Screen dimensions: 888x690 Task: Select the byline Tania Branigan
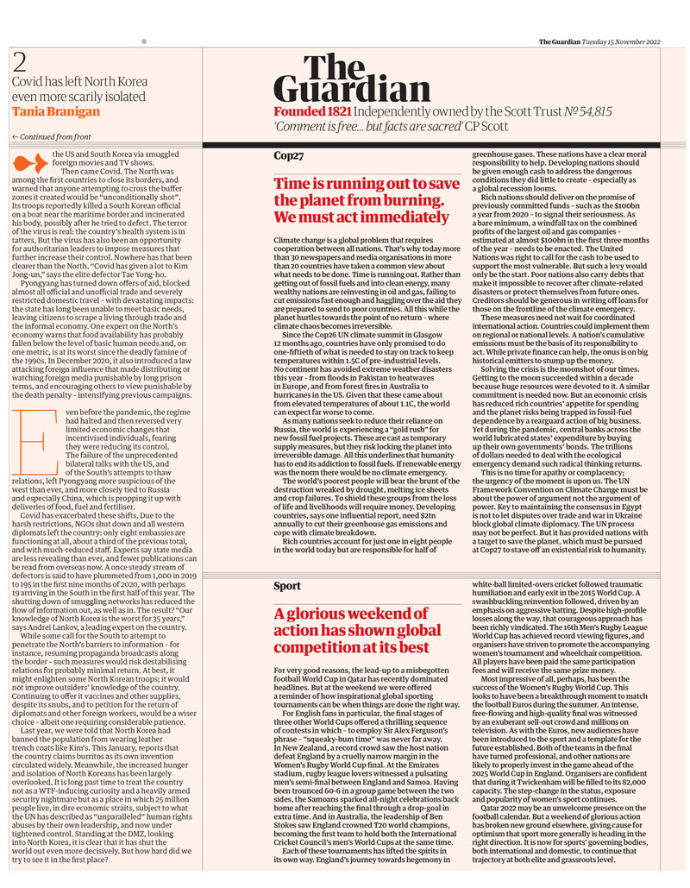point(56,111)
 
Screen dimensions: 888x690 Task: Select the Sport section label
point(287,586)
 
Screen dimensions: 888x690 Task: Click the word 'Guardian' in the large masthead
point(352,89)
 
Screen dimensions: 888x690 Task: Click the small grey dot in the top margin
point(145,41)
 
